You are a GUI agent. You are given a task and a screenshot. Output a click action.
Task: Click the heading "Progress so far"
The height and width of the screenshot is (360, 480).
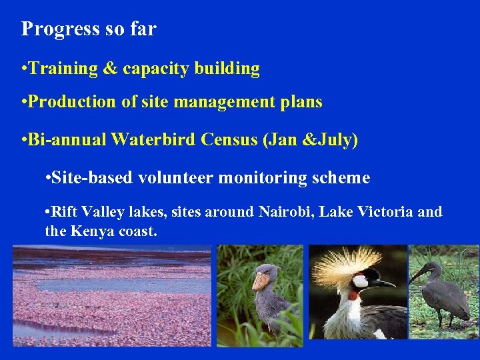tap(89, 29)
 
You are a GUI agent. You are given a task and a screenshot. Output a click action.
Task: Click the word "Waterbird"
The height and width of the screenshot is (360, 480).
tap(153, 140)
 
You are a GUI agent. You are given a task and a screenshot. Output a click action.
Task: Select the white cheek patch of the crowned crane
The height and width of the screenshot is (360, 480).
tap(361, 281)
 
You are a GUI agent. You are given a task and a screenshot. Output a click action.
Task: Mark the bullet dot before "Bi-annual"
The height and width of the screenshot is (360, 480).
tap(24, 140)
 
